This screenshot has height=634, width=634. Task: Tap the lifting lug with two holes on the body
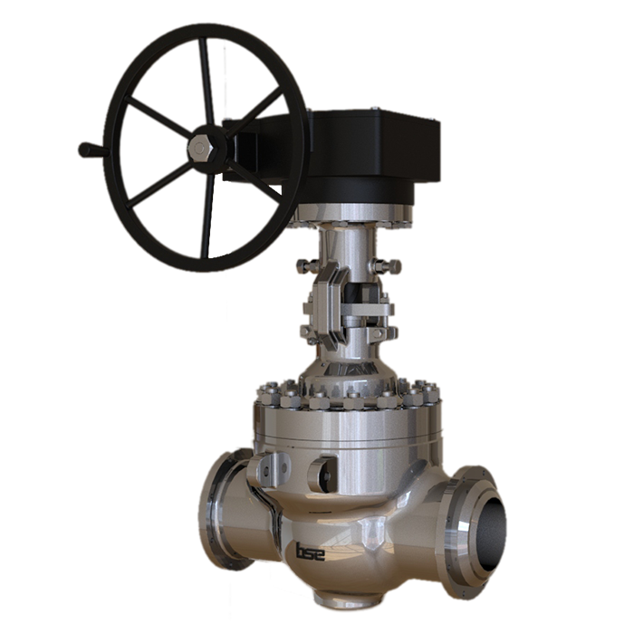pos(273,469)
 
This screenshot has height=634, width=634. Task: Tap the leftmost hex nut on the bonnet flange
pos(267,396)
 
